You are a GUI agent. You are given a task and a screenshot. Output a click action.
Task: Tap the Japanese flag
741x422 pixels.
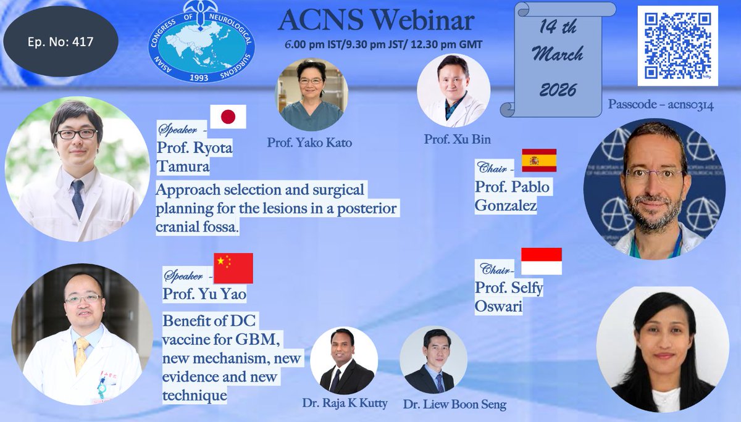pyautogui.click(x=228, y=117)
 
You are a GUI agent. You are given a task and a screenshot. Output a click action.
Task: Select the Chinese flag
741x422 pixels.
pyautogui.click(x=233, y=268)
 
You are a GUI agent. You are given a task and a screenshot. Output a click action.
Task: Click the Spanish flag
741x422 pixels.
pyautogui.click(x=539, y=160)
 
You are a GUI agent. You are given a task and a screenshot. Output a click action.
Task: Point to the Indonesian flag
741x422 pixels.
pyautogui.click(x=542, y=261)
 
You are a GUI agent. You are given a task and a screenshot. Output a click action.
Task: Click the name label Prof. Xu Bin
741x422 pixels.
pyautogui.click(x=450, y=139)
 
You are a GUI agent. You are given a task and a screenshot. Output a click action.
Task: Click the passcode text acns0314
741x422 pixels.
pyautogui.click(x=661, y=105)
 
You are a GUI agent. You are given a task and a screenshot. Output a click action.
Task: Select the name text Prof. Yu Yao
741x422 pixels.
pyautogui.click(x=204, y=295)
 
